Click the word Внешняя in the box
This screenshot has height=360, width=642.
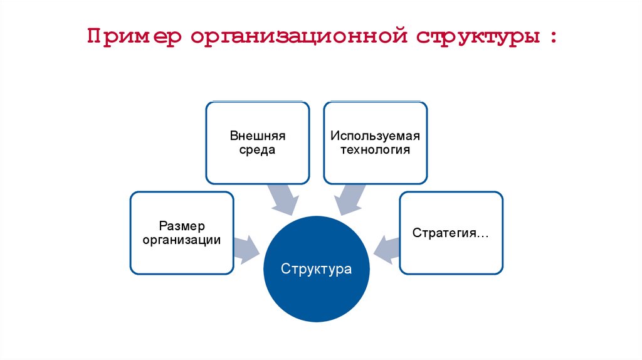click(258, 136)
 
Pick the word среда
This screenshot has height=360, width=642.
click(258, 151)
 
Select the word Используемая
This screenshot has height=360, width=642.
click(376, 136)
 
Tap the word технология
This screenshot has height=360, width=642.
click(376, 151)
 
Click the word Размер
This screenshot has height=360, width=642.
click(182, 225)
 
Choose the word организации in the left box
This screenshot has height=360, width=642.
click(182, 240)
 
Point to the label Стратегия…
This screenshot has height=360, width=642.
click(451, 233)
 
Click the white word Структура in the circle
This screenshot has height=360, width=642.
click(317, 270)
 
